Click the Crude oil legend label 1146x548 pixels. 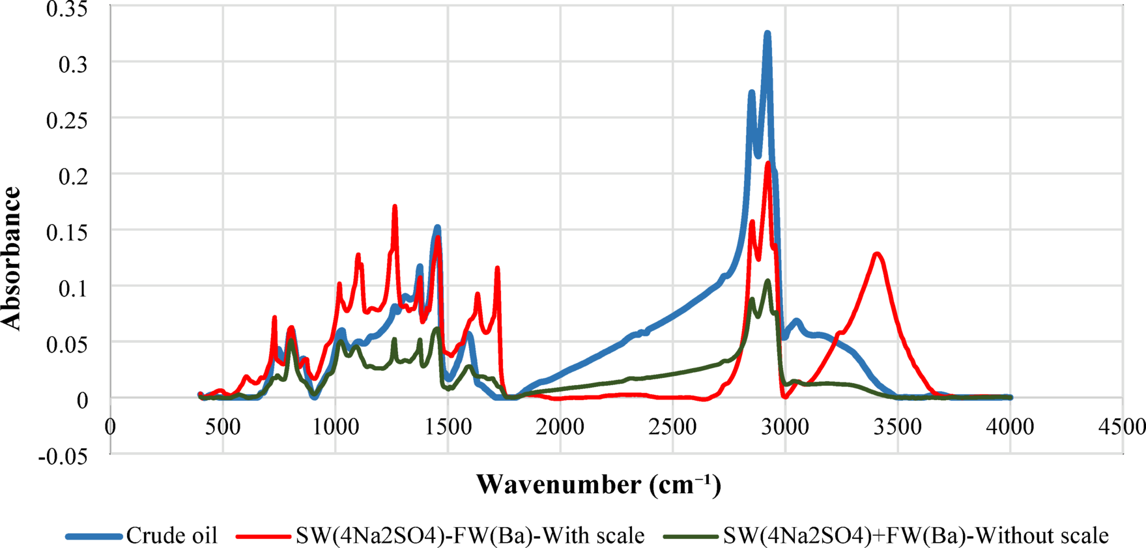(171, 536)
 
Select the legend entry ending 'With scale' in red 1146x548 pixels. (470, 536)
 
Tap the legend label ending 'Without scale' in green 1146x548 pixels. (915, 536)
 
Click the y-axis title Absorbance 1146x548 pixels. (12, 259)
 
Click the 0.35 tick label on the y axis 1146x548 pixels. (67, 9)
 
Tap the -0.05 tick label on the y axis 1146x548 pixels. (63, 456)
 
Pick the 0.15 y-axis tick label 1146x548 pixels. (67, 232)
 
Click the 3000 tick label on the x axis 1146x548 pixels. (785, 427)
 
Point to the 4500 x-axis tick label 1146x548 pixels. (1122, 427)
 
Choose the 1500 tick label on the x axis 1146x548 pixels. (448, 427)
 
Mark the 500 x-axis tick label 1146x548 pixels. (223, 427)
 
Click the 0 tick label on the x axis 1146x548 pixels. (110, 427)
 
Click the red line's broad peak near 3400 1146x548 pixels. (878, 253)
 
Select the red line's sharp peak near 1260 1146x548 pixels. (395, 207)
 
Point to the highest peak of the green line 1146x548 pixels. (768, 281)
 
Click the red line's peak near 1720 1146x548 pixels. (497, 268)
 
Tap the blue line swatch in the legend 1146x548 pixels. (94, 536)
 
